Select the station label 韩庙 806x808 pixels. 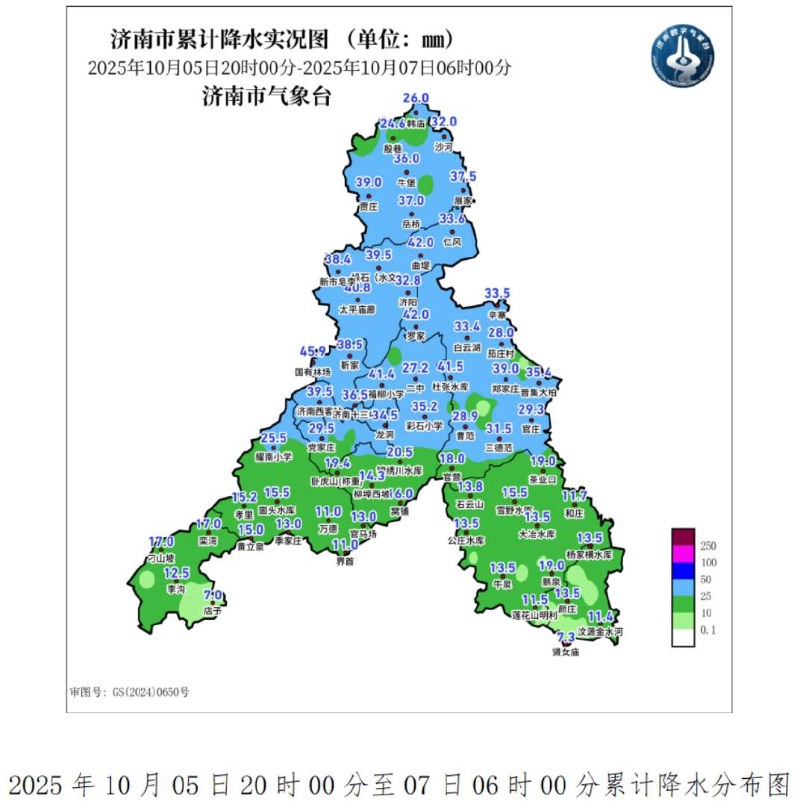tap(416, 123)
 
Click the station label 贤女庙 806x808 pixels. tap(566, 652)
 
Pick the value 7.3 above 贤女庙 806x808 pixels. tap(566, 637)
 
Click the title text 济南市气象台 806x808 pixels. tap(266, 97)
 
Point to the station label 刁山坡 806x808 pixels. tap(160, 558)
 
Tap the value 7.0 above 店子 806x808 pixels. tap(213, 595)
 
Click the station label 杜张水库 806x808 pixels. tap(450, 388)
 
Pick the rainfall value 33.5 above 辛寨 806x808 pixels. tap(497, 293)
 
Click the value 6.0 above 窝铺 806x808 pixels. tap(403, 494)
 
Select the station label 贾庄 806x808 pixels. tap(369, 205)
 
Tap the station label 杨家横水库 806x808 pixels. tap(589, 555)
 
